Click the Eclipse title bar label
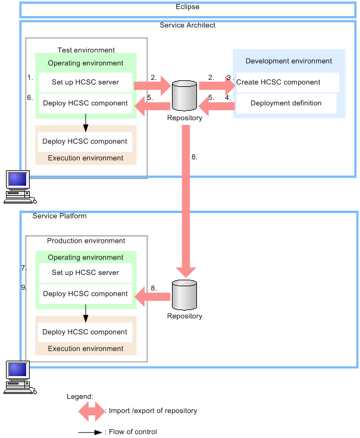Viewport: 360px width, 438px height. [x=187, y=7]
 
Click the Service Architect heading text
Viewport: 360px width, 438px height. [x=187, y=26]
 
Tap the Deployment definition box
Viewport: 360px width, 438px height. [x=286, y=103]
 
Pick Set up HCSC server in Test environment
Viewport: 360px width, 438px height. [x=85, y=82]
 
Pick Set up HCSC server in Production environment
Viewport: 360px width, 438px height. [x=85, y=273]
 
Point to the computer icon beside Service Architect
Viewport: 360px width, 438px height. [x=17, y=186]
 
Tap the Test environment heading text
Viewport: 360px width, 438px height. [x=86, y=50]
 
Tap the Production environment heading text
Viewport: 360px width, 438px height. [x=86, y=241]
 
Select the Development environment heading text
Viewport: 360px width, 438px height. [x=289, y=61]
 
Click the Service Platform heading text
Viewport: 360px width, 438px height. [x=60, y=215]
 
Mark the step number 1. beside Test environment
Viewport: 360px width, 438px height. [x=30, y=77]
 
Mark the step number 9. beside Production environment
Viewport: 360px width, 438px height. [x=24, y=287]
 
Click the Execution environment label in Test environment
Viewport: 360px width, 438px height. [x=86, y=158]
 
